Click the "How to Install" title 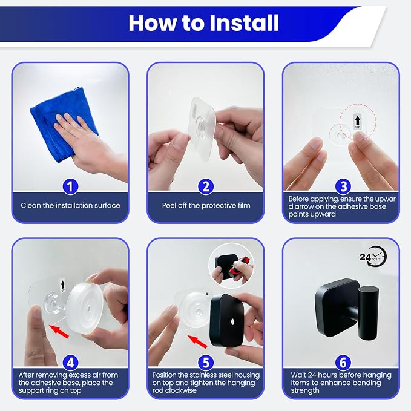(203, 23)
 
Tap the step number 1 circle (70, 186)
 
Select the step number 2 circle (206, 186)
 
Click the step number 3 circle (343, 186)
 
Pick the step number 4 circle (70, 363)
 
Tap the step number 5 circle (206, 363)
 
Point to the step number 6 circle (343, 363)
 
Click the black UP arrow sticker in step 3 (358, 122)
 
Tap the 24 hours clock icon (373, 257)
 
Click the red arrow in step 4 (59, 330)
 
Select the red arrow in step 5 (197, 341)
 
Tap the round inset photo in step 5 (231, 266)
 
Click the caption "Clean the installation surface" (70, 206)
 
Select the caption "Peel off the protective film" (206, 206)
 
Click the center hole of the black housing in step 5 (232, 320)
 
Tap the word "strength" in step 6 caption (305, 390)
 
